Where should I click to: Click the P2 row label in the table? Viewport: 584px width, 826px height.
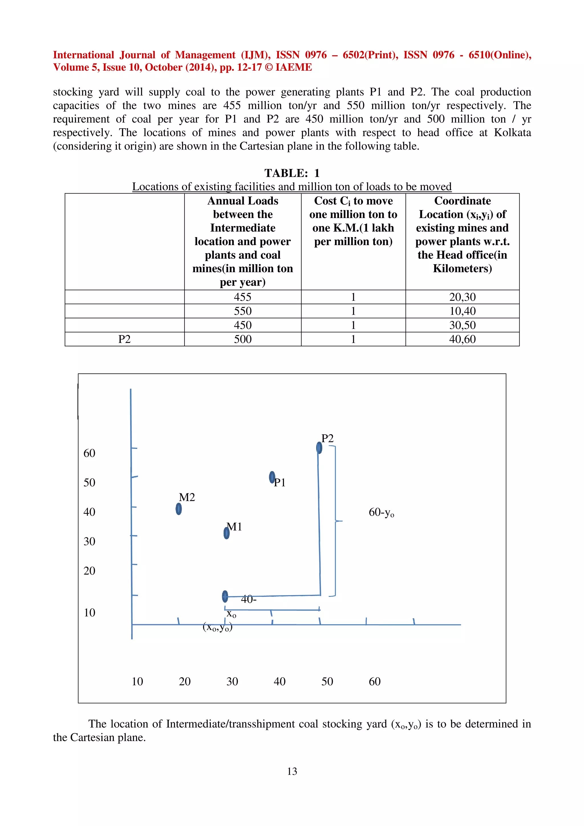pyautogui.click(x=125, y=339)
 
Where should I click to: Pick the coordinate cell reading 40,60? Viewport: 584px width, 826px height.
pyautogui.click(x=462, y=339)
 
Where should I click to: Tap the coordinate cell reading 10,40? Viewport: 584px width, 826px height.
pyautogui.click(x=462, y=311)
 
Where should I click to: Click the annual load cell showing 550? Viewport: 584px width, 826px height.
pyautogui.click(x=242, y=311)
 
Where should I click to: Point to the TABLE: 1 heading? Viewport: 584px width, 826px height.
pyautogui.click(x=292, y=173)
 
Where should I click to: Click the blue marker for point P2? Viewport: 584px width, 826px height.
pyautogui.click(x=319, y=447)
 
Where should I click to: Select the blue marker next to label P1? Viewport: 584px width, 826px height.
pyautogui.click(x=272, y=477)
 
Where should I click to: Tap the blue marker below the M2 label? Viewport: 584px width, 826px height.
pyautogui.click(x=179, y=509)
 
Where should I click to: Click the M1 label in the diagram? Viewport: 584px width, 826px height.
pyautogui.click(x=235, y=527)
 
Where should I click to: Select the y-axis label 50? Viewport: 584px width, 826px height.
pyautogui.click(x=89, y=483)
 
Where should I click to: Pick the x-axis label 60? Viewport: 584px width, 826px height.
pyautogui.click(x=375, y=681)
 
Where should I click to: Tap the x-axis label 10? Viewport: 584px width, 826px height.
pyautogui.click(x=137, y=681)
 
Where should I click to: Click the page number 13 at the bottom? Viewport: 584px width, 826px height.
pyautogui.click(x=292, y=771)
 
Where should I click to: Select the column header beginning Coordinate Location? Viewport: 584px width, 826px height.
pyautogui.click(x=462, y=234)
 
